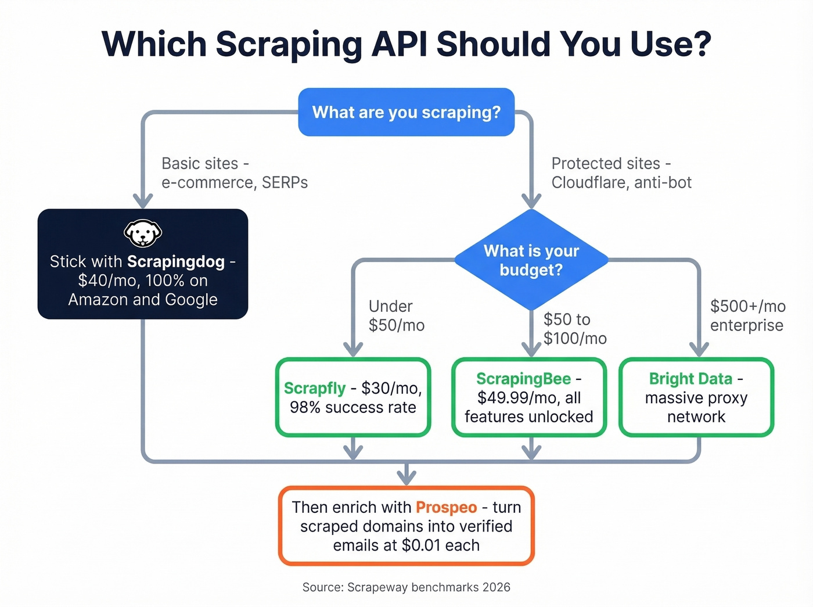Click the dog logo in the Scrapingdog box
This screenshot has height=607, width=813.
click(x=143, y=234)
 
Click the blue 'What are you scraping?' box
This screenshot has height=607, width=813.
click(x=406, y=112)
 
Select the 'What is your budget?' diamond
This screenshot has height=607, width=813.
click(x=531, y=260)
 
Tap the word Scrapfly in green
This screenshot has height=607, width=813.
click(x=315, y=388)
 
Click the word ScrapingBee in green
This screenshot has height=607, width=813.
click(x=523, y=379)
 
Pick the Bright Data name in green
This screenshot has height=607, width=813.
click(x=690, y=379)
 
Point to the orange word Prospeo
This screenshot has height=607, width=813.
click(x=446, y=507)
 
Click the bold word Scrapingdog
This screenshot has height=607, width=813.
click(x=175, y=261)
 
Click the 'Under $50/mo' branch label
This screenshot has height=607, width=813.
click(x=396, y=315)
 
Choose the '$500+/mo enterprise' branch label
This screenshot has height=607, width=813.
click(x=747, y=315)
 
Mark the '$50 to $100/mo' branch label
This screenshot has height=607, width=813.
click(x=574, y=329)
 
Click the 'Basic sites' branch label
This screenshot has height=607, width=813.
click(x=234, y=173)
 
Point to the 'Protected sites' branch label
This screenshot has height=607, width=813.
click(x=621, y=173)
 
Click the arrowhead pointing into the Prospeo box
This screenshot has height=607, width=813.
click(x=406, y=477)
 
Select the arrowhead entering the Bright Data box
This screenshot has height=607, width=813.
click(x=699, y=349)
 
